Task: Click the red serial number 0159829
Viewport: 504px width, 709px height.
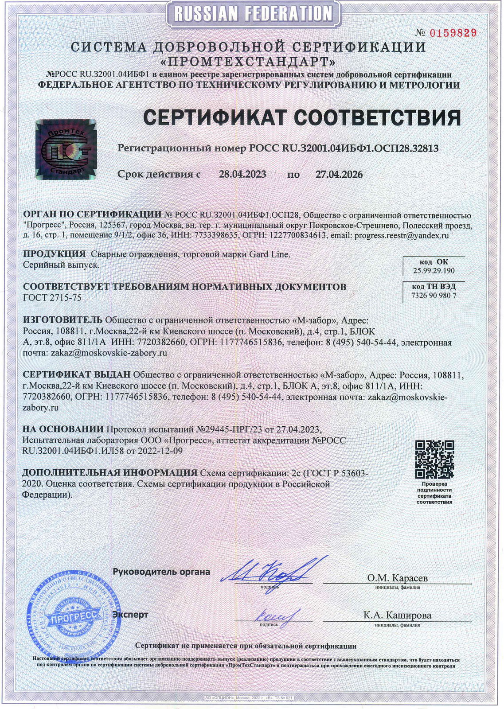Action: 452,32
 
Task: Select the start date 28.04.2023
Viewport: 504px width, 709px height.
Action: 242,174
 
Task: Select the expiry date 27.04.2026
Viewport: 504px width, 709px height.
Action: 339,174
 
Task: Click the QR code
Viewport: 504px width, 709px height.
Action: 434,459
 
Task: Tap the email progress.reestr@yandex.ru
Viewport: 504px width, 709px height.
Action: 402,235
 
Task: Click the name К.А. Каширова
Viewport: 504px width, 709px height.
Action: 397,615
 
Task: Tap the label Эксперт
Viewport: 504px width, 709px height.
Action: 130,615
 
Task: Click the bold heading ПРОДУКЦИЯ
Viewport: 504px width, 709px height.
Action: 54,254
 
